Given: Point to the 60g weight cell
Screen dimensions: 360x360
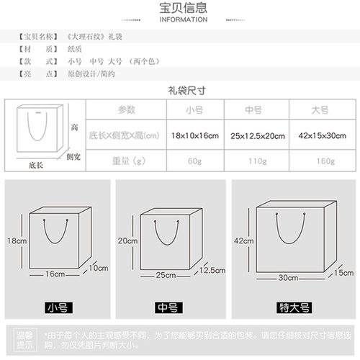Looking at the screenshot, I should [x=194, y=161].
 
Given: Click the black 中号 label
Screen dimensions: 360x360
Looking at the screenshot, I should [x=168, y=307].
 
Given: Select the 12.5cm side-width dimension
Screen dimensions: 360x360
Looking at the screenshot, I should [x=207, y=270].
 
